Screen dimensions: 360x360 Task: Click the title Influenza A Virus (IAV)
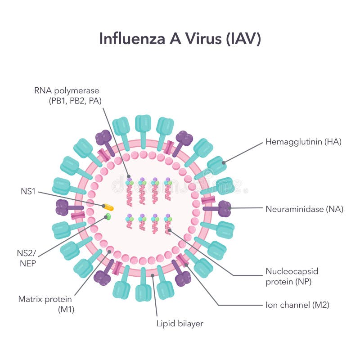[180, 39]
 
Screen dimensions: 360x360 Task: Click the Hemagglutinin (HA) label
[303, 142]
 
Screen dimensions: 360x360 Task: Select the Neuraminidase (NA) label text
[304, 209]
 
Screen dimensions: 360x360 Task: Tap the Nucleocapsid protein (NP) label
[291, 277]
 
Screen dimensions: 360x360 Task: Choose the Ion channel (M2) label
[297, 305]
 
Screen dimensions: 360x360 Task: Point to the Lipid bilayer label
[180, 323]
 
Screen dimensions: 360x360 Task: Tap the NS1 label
[27, 191]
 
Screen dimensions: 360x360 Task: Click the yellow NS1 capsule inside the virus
[108, 207]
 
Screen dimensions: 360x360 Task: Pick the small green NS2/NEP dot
[108, 216]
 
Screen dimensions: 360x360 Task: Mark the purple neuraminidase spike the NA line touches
[224, 208]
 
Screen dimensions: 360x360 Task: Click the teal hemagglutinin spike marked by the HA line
[217, 165]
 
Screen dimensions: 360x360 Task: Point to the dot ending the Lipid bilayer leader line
[153, 275]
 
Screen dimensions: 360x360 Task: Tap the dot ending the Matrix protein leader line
[109, 252]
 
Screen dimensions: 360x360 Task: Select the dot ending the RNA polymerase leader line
[129, 176]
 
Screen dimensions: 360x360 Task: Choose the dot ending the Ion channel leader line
[186, 265]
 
